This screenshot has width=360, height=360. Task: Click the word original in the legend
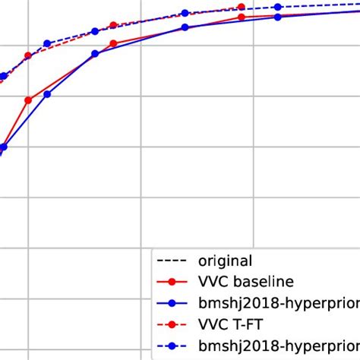click(225, 261)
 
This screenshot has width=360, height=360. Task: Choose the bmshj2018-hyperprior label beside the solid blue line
click(278, 304)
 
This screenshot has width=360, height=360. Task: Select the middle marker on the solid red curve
click(113, 43)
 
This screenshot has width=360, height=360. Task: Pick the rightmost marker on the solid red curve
click(242, 16)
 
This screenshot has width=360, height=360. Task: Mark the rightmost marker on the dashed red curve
click(242, 8)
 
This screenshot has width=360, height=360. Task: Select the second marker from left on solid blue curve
click(47, 94)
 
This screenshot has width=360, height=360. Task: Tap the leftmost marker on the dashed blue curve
click(4, 75)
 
